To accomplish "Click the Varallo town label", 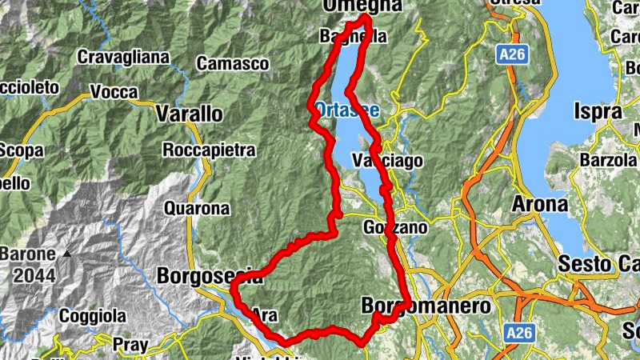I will [x=190, y=114].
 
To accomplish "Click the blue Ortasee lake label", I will [x=347, y=109].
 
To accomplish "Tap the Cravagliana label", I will [x=123, y=57].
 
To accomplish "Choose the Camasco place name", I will [x=233, y=62].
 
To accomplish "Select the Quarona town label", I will [x=196, y=210].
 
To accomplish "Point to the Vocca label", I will [x=114, y=92].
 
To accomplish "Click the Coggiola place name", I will [x=93, y=316].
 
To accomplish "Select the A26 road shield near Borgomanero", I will [x=519, y=330].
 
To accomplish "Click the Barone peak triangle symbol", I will [x=68, y=254].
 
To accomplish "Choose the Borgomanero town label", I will [x=425, y=306].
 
